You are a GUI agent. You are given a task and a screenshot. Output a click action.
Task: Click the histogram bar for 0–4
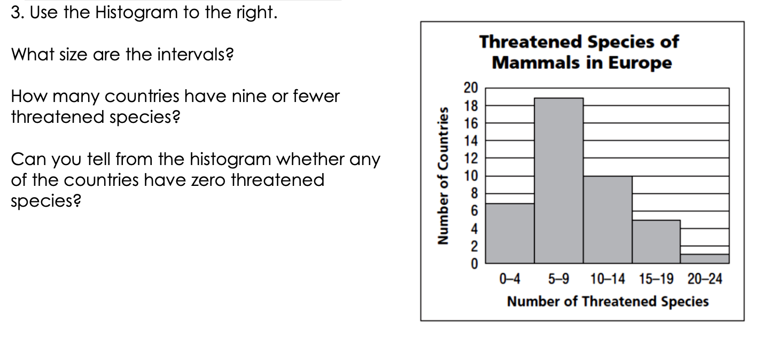click(510, 233)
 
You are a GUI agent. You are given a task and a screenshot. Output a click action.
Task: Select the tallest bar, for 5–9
click(558, 181)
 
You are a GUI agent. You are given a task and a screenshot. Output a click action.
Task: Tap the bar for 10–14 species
click(608, 220)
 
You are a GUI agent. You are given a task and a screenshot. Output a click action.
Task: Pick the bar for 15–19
click(656, 241)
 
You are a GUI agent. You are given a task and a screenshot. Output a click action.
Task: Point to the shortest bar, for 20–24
click(705, 259)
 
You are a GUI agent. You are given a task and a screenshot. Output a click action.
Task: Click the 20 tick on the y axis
click(471, 88)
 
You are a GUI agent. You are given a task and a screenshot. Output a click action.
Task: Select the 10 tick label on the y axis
click(471, 176)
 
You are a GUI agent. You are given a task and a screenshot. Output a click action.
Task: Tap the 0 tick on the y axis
click(474, 264)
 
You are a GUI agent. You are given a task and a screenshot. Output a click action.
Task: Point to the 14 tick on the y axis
click(471, 140)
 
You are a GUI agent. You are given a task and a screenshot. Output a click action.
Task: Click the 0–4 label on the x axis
click(510, 279)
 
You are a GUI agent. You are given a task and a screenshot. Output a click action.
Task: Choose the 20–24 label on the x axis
click(705, 279)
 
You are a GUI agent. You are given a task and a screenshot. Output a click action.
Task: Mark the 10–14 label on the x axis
click(608, 279)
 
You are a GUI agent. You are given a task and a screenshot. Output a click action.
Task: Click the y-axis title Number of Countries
click(442, 176)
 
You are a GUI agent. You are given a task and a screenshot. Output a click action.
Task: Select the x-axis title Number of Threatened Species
click(608, 301)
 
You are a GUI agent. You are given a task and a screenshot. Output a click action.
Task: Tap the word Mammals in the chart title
click(536, 63)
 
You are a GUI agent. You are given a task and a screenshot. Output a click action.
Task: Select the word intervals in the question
click(196, 54)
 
